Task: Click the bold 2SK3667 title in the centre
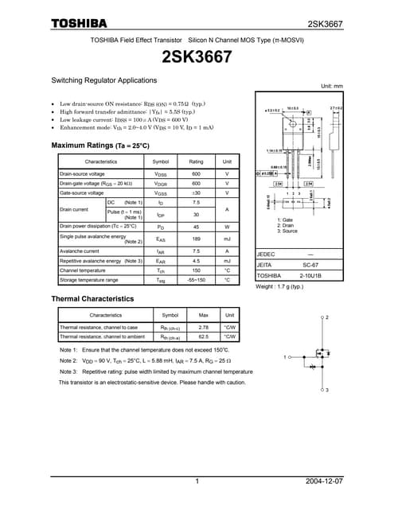click(197, 56)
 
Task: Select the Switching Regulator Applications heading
click(103, 81)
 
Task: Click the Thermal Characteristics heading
click(92, 298)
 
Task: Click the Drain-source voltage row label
click(82, 173)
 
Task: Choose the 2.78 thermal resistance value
click(203, 327)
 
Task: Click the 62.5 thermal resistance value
click(203, 337)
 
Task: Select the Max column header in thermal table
click(203, 315)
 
